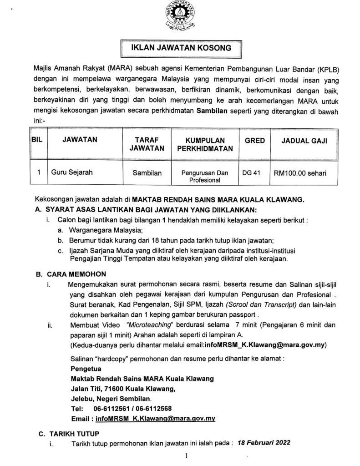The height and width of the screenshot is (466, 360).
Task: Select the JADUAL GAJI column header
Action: (304, 141)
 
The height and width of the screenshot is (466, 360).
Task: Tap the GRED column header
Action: (255, 141)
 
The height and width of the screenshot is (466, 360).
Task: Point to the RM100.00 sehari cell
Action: (299, 173)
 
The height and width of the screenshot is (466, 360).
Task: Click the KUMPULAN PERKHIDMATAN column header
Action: (203, 144)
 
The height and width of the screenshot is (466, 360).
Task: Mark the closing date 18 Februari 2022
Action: (264, 442)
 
